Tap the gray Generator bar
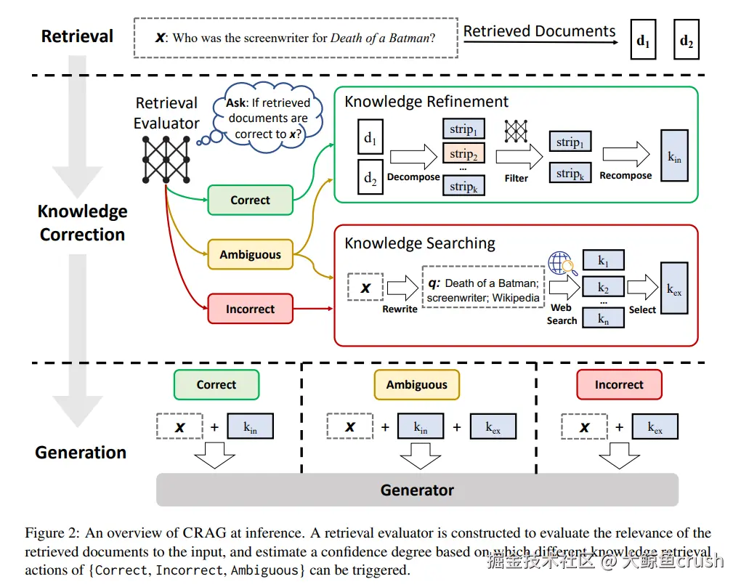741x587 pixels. pos(417,490)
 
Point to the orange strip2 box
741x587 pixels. pos(463,154)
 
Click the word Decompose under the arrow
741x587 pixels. pos(413,177)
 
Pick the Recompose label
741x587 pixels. pos(625,176)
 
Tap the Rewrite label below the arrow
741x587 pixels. pos(400,309)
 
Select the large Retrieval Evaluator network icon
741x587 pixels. pos(166,158)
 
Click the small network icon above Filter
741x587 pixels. pos(516,131)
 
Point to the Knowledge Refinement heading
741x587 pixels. pos(426,102)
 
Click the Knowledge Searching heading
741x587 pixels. pos(420,243)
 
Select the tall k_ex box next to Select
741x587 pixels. pos(675,289)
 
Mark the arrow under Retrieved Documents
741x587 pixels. pos(541,42)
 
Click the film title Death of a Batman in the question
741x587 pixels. pos(380,37)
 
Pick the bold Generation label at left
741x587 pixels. pos(81,452)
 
